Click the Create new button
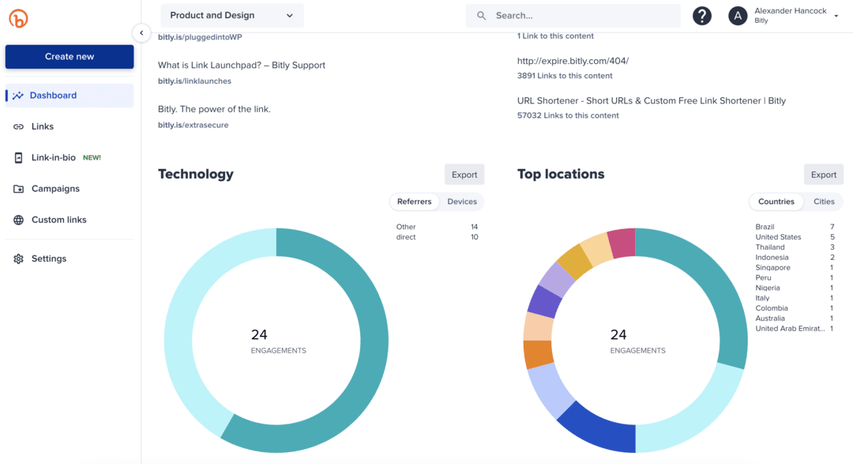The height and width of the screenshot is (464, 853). (70, 57)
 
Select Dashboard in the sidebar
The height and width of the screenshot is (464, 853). (53, 96)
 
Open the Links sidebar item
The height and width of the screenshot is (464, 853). (43, 126)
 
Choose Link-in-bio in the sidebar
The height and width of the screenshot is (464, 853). (54, 157)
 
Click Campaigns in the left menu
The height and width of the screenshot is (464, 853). (55, 189)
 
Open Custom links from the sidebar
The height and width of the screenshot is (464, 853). (58, 220)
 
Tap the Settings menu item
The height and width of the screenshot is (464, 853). (49, 258)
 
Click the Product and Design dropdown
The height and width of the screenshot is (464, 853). (231, 16)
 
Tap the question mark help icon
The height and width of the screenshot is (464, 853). (701, 16)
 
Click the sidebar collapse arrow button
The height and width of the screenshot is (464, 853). (141, 33)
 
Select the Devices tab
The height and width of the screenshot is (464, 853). (462, 202)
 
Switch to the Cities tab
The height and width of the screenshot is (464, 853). (824, 202)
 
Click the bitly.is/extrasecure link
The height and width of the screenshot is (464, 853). (193, 125)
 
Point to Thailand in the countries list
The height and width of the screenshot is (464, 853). (770, 247)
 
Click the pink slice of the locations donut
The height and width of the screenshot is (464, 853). (622, 243)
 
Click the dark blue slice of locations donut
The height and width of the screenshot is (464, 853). (597, 427)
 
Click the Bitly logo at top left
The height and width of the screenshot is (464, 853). (18, 18)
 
